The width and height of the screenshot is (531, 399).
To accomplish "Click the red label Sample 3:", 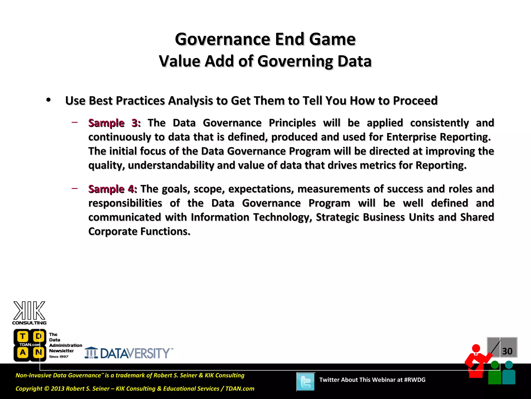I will [x=114, y=123].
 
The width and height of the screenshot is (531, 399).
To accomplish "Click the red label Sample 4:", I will [x=113, y=189].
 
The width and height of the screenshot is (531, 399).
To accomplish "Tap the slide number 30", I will [x=507, y=351].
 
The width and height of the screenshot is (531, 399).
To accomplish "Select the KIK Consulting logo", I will [x=29, y=313].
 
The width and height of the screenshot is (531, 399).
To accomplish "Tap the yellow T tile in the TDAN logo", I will [x=23, y=336].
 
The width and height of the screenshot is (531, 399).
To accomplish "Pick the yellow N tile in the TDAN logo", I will [x=38, y=353].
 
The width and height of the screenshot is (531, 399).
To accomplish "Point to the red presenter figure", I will [x=477, y=361].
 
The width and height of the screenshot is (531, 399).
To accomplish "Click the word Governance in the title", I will [x=222, y=39].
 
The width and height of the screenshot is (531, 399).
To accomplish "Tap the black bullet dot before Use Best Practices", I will [x=48, y=100].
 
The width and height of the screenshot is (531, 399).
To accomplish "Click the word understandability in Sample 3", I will [x=171, y=165].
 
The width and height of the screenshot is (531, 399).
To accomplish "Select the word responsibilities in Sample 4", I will [x=125, y=203].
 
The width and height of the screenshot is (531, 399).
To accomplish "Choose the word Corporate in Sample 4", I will [x=113, y=231].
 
